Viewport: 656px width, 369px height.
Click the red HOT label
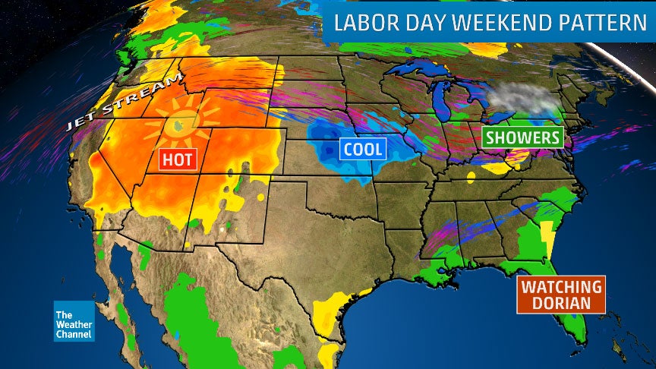pos(177,159)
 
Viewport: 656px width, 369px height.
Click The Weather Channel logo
pos(74,321)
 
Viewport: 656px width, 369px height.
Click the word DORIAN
pos(560,304)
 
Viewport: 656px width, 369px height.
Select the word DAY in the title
pos(432,23)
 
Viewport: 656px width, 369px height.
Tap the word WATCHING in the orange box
pos(560,287)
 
